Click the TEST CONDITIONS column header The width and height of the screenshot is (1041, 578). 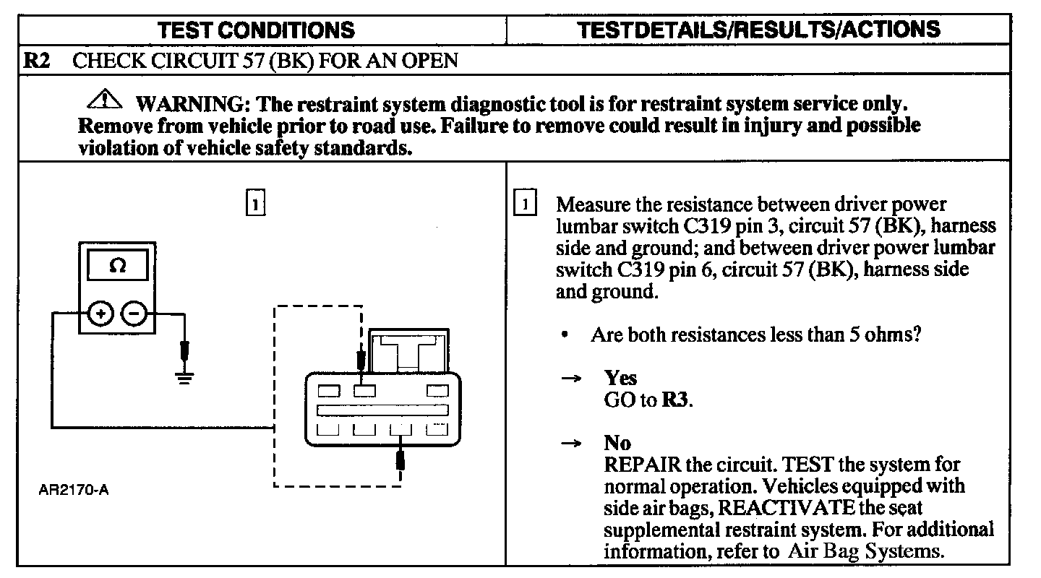[257, 30]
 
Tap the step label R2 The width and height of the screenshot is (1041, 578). [37, 60]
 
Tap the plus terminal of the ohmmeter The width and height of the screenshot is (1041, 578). [100, 314]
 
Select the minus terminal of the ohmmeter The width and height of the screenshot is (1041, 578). [134, 314]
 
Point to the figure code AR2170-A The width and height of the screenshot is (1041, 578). [74, 491]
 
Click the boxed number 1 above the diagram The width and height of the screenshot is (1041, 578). [256, 203]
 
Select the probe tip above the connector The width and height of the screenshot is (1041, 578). [361, 358]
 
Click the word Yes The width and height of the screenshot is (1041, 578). [621, 378]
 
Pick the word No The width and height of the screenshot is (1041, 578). [617, 443]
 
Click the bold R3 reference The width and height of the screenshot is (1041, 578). [675, 400]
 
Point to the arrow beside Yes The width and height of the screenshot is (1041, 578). [572, 379]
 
